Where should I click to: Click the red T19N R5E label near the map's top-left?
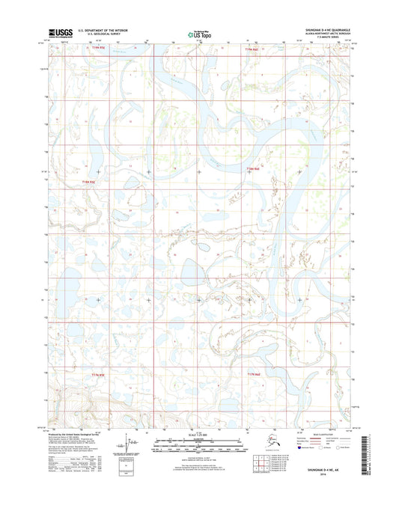(x=95, y=47)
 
